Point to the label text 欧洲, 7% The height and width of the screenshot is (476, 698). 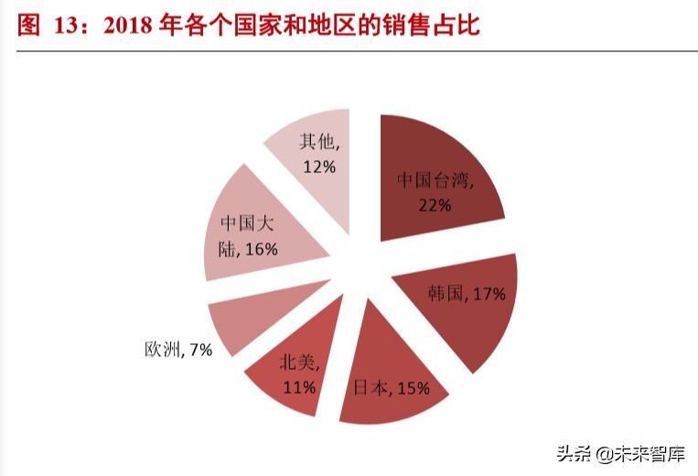tap(177, 350)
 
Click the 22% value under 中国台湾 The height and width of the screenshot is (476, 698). tap(435, 205)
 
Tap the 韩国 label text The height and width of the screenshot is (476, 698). tap(445, 294)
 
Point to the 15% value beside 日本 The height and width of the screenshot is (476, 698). tap(413, 389)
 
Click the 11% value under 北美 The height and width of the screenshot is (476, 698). tap(299, 387)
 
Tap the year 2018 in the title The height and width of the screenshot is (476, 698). tap(131, 25)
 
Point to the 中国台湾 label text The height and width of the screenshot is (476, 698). tap(435, 180)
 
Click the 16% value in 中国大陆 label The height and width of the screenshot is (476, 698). tap(261, 249)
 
